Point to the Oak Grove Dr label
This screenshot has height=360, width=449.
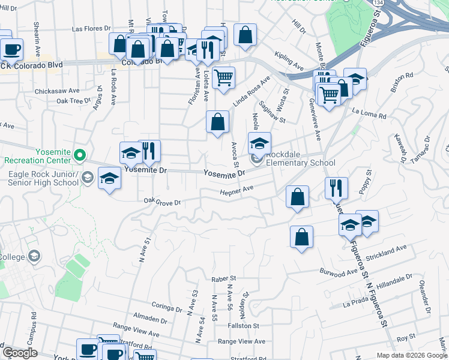point(162,202)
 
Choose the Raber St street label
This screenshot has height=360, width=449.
point(224,279)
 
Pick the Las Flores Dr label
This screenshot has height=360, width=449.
point(91,28)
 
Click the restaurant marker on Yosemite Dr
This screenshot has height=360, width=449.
point(149,151)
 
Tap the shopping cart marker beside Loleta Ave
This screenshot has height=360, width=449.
point(223,78)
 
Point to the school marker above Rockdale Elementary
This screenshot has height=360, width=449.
point(259,143)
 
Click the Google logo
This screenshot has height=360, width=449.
point(19,353)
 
